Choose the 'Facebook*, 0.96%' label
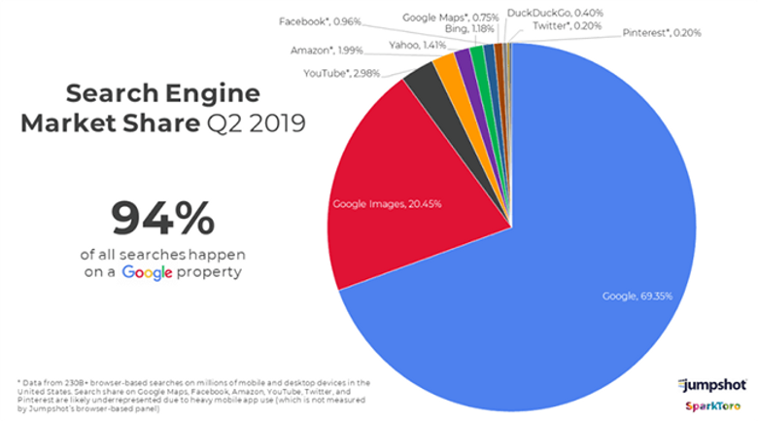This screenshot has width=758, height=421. (x=319, y=20)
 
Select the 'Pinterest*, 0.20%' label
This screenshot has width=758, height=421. (x=662, y=32)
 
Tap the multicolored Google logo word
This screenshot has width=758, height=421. (x=147, y=273)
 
